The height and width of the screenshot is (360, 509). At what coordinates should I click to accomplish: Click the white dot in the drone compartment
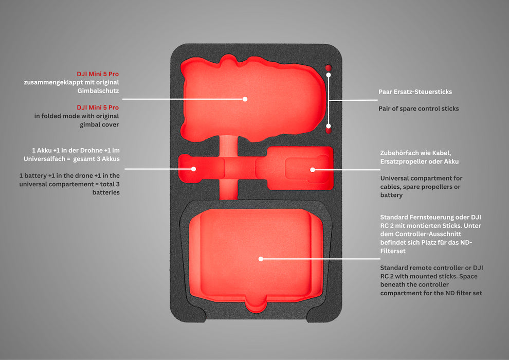245,99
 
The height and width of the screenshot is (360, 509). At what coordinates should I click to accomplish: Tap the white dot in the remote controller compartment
261,259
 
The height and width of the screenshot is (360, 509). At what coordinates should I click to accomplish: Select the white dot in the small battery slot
194,169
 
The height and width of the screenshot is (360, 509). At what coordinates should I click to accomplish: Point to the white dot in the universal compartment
312,169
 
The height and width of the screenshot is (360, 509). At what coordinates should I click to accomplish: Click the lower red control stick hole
329,131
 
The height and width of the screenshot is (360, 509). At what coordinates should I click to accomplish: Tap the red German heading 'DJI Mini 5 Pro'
98,74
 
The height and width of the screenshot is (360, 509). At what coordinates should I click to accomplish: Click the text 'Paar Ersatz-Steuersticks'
415,92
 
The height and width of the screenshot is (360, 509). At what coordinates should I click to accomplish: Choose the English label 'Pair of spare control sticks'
419,109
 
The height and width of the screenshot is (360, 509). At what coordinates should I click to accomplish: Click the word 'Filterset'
393,251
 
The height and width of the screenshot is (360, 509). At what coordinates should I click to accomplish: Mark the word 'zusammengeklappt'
53,82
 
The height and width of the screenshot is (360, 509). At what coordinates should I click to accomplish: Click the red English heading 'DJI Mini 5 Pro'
98,107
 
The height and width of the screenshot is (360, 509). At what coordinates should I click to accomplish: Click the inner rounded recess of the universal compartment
305,169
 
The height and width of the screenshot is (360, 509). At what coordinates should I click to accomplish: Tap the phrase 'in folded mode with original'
77,116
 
